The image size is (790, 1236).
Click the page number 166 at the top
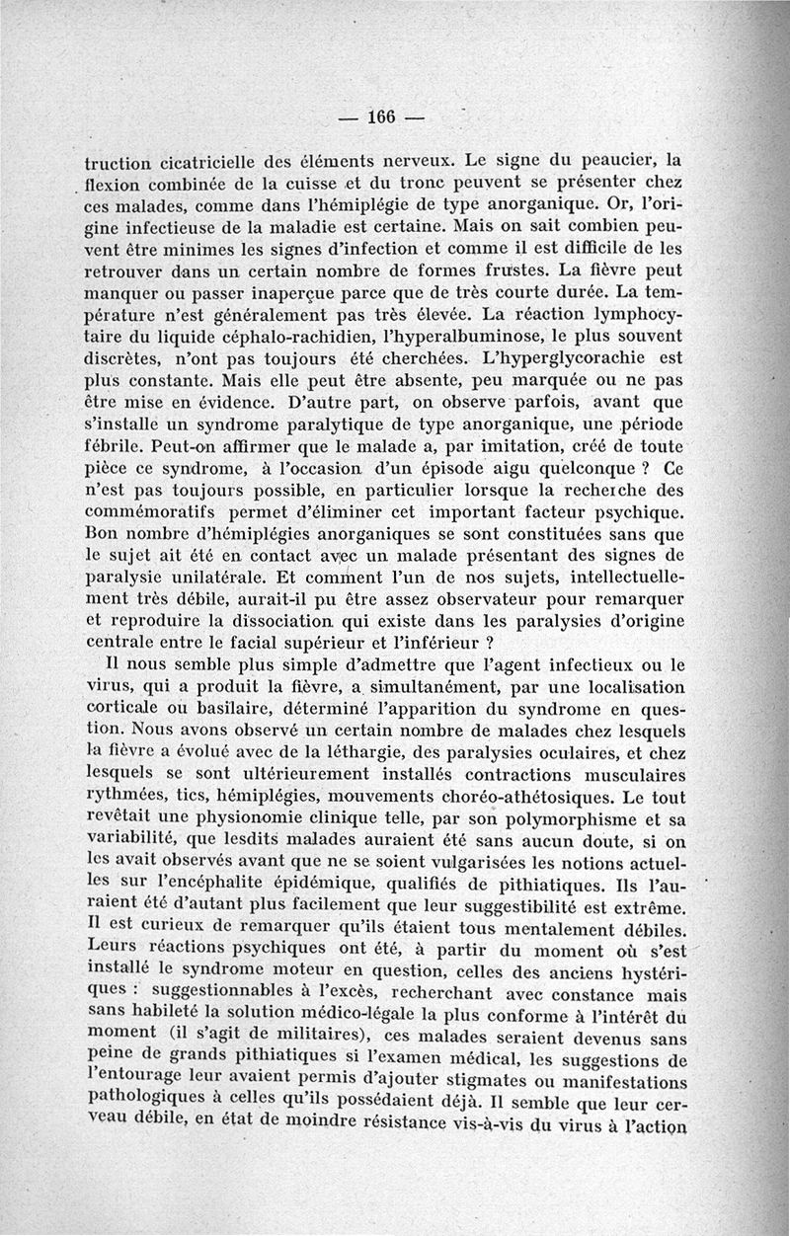[x=380, y=116]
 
